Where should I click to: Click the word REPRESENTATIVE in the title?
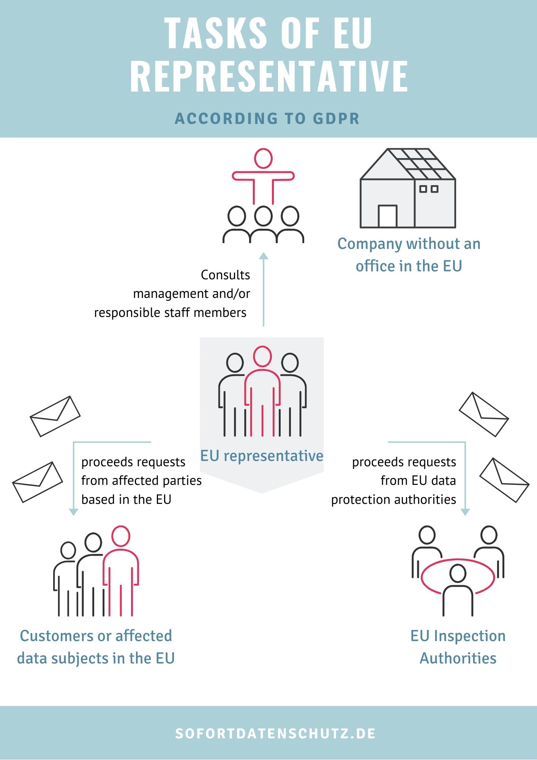pos(269,76)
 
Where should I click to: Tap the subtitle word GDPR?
pos(336,119)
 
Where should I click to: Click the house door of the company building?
pos(387,216)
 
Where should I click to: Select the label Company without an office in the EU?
pos(409,255)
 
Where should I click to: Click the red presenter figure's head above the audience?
pos(263,158)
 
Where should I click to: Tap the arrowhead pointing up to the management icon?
pos(264,256)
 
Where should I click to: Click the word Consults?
pos(226,275)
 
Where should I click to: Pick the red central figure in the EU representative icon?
pos(262,391)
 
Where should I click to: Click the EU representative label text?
pos(262,456)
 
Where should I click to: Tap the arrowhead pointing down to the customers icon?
pos(74,512)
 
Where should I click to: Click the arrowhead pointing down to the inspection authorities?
pos(465,512)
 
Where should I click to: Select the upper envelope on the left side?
pos(55,416)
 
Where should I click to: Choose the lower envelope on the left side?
pos(38,482)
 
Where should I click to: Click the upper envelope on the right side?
pos(484,414)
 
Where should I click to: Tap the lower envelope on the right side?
pos(504,480)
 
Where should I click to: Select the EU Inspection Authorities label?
pos(458,647)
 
